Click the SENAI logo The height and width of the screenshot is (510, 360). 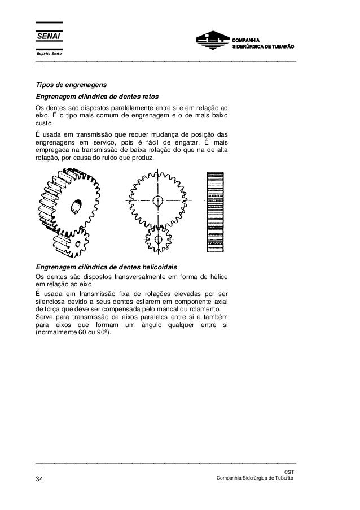(x=49, y=37)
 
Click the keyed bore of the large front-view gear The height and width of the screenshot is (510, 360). (x=157, y=200)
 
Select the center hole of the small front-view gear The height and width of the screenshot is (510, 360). (x=157, y=239)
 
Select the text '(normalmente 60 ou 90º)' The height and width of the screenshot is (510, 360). (x=73, y=333)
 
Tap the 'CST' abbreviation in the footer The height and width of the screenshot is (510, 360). (x=289, y=471)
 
